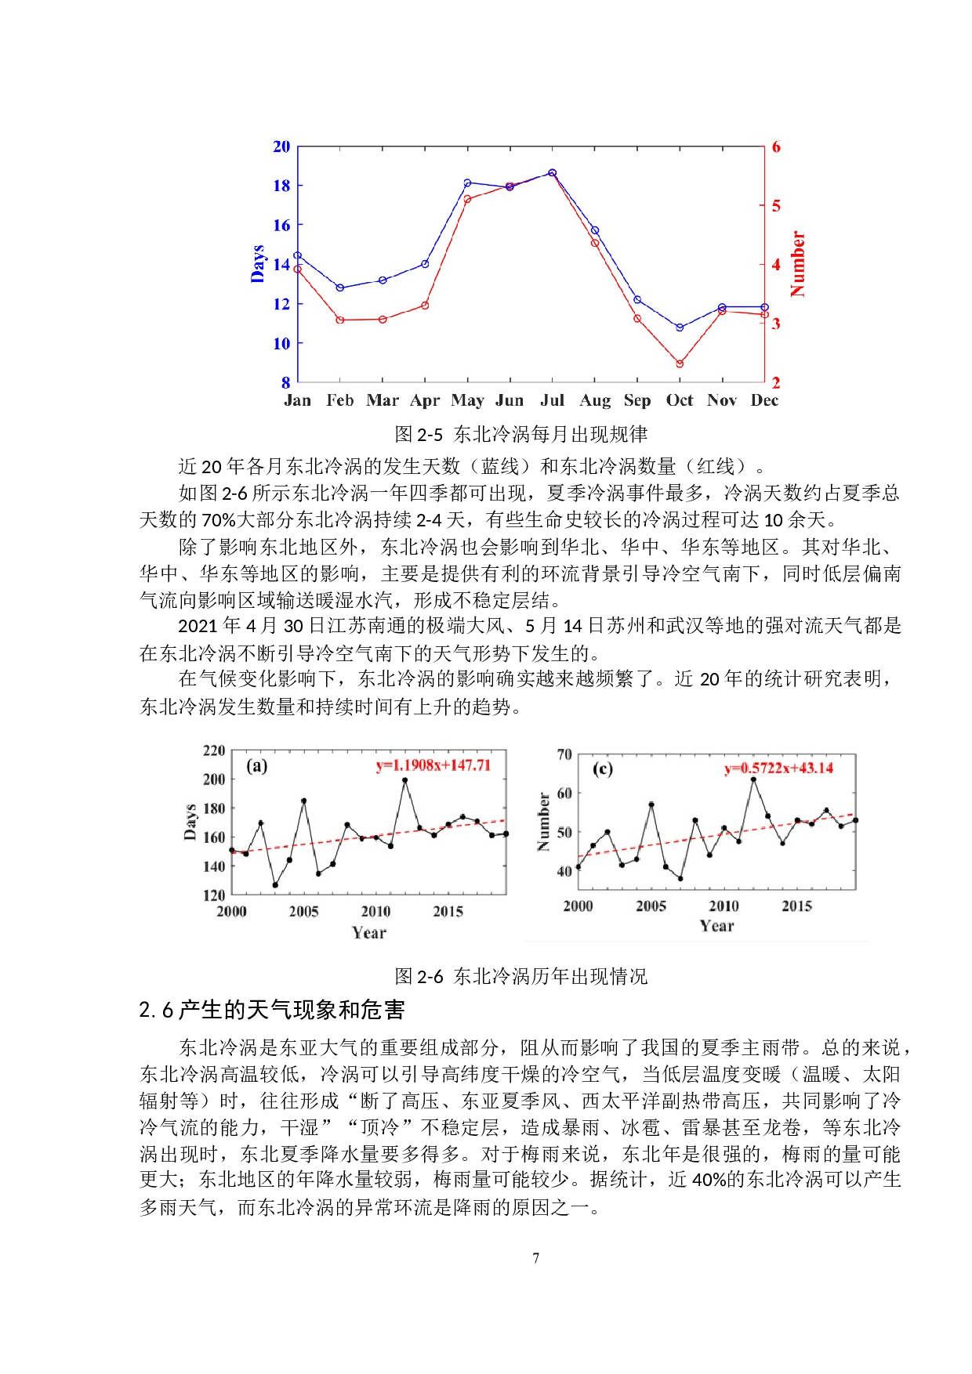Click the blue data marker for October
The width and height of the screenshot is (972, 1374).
[680, 327]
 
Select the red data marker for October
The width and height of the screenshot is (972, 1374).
[680, 363]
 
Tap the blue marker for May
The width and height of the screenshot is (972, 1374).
[467, 183]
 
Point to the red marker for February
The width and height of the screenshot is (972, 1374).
[340, 320]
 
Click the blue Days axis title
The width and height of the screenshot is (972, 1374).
[258, 263]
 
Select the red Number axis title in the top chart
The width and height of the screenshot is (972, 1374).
[798, 264]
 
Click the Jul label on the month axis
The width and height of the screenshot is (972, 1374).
[552, 400]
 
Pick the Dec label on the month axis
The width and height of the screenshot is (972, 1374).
[764, 400]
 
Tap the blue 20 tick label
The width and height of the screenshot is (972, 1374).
[281, 146]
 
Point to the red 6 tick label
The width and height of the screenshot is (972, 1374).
[776, 146]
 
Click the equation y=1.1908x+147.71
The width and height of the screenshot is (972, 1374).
[433, 765]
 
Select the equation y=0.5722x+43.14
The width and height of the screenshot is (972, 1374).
[778, 768]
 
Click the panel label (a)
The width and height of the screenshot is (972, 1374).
[257, 765]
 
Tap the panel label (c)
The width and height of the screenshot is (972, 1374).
[602, 768]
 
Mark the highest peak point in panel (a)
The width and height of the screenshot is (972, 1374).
[404, 780]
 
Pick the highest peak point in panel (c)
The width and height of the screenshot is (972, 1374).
[753, 779]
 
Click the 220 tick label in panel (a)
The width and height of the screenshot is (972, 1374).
[214, 750]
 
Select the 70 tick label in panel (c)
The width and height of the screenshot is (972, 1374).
[564, 754]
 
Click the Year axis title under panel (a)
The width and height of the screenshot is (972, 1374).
[368, 932]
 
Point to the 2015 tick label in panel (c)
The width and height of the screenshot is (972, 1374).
[796, 906]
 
